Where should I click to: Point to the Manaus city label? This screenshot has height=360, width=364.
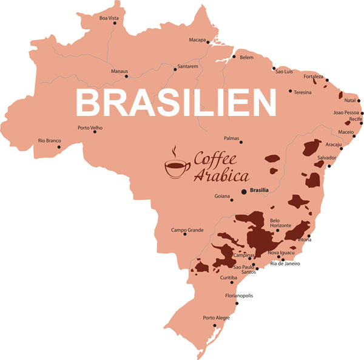tap(120, 71)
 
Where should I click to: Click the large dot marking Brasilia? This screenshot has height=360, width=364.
tap(244, 192)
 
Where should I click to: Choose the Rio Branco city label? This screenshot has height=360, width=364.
tap(49, 140)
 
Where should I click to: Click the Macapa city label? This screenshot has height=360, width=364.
tap(198, 41)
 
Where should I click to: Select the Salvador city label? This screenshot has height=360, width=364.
tap(326, 157)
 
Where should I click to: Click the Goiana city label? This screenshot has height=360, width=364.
tap(223, 196)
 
